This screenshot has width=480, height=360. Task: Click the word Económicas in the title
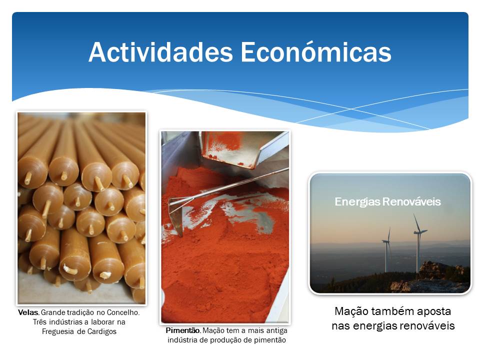click(316, 52)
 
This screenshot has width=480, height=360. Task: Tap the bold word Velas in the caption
click(28, 312)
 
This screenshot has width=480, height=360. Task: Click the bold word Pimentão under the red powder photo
click(183, 330)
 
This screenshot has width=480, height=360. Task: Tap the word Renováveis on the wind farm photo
click(411, 201)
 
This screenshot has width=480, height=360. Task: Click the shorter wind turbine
click(386, 249)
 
